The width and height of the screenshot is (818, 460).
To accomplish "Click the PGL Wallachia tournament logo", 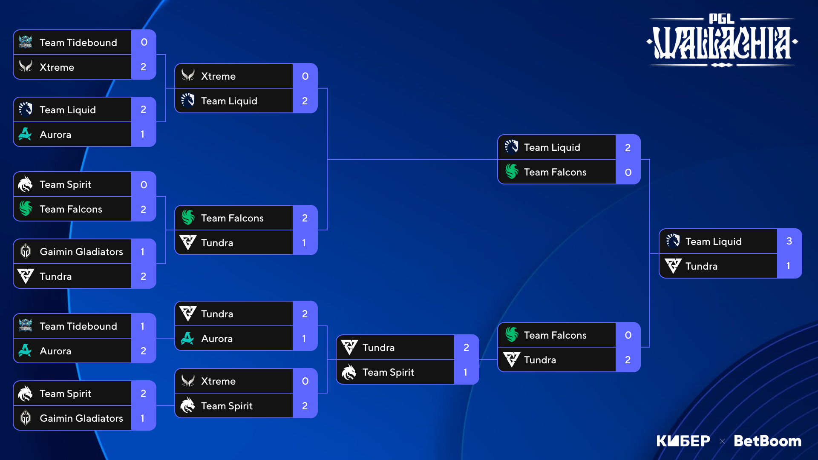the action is pos(722,40).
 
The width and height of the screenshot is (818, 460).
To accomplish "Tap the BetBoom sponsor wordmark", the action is pos(767,441).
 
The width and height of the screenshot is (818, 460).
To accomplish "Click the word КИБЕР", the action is pos(683,441).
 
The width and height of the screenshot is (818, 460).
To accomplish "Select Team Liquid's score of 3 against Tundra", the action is pos(789,241).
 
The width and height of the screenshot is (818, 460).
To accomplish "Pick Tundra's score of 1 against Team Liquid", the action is pos(789,266).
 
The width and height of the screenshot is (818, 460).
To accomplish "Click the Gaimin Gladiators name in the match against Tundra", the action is pos(81,252).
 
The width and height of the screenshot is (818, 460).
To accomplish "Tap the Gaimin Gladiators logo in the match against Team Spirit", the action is pos(26,418).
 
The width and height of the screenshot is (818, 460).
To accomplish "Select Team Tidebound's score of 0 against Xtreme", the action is pos(144,42).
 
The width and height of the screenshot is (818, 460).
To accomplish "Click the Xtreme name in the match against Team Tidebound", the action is pos(57,67).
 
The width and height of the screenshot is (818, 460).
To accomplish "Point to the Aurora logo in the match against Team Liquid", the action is pos(25,134).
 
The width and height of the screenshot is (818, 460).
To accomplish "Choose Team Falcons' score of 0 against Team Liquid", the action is pos(628,172).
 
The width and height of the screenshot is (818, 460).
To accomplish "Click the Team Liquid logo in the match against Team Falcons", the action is pos(511,147).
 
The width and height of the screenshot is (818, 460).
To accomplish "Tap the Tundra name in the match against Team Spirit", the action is pos(378,348).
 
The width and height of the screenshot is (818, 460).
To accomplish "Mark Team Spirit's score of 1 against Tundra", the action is pos(465,372).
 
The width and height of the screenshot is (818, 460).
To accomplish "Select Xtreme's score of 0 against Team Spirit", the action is pos(305,381).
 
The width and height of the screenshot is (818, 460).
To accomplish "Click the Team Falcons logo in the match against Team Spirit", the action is pos(26,209).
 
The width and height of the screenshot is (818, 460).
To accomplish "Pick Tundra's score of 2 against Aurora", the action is pos(305,314).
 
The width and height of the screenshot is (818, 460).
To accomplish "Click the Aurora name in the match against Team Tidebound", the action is pos(55,351).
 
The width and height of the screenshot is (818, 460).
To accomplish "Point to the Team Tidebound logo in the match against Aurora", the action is pos(26,326).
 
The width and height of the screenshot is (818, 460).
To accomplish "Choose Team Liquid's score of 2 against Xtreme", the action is pos(305,101).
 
